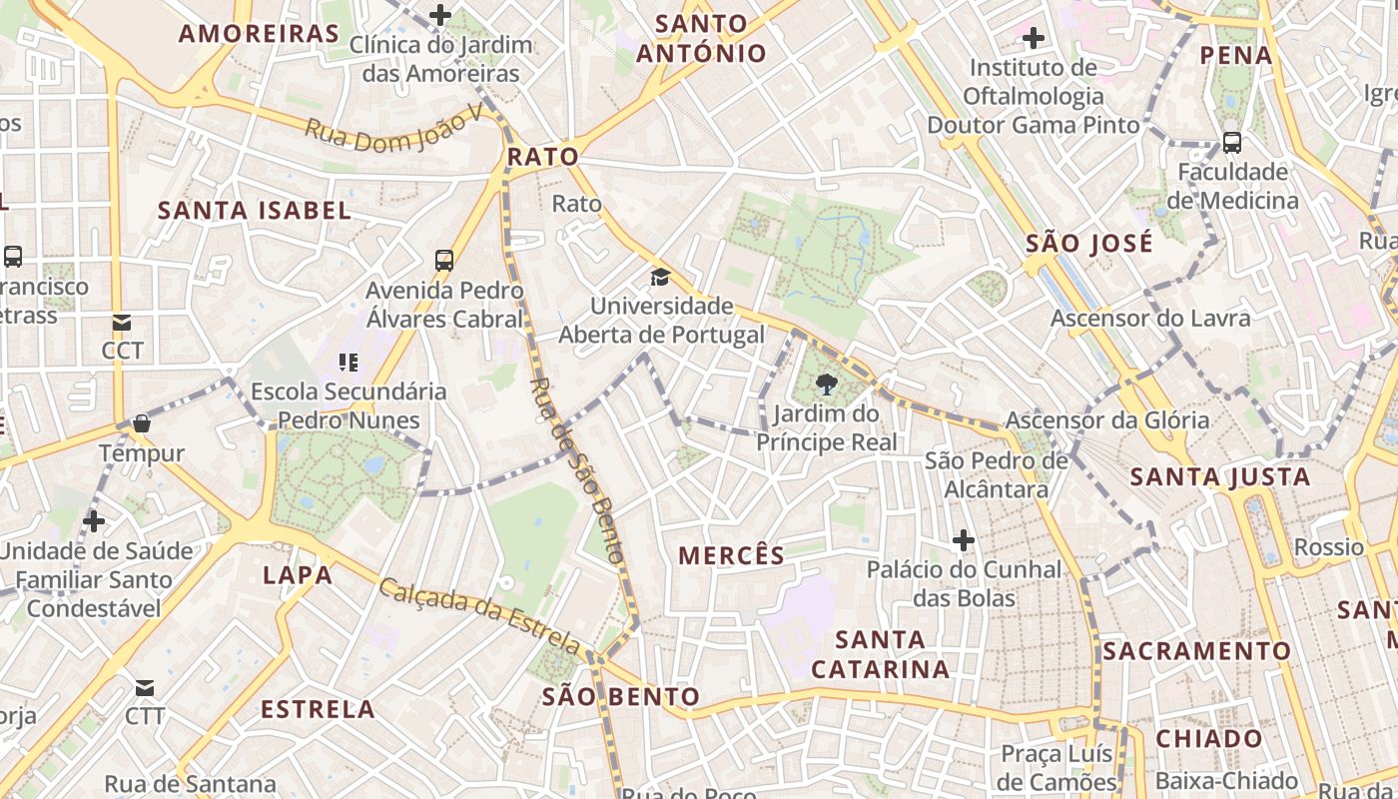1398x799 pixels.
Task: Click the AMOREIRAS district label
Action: tap(259, 33)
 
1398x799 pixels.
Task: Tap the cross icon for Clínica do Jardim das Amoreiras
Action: tap(440, 15)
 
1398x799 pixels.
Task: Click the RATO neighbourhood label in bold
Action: tap(542, 156)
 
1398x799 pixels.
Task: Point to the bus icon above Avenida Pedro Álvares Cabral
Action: tap(444, 261)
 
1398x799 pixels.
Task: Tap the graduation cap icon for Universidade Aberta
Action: tap(660, 277)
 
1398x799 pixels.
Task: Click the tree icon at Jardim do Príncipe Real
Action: tap(826, 385)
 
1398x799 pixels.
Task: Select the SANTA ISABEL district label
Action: tap(255, 210)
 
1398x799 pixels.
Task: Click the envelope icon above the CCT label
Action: tap(122, 323)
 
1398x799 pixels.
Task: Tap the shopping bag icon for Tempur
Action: tap(142, 423)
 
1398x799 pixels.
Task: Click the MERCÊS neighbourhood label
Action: tap(731, 556)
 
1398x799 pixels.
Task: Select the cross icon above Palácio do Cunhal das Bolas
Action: tap(964, 540)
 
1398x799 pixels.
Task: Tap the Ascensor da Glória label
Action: tap(1106, 420)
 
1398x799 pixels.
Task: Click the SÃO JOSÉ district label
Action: tap(1088, 243)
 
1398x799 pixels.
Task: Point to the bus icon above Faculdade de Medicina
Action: tap(1232, 143)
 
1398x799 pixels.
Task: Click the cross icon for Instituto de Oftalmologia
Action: tap(1034, 39)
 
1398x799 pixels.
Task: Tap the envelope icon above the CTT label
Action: tap(145, 687)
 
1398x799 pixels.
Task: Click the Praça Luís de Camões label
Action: tap(1058, 767)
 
